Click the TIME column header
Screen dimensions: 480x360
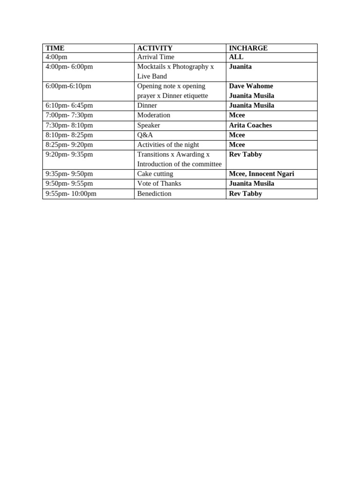[55, 48]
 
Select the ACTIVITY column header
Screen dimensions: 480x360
[155, 48]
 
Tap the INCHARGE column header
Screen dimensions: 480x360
[248, 48]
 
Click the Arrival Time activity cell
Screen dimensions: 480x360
[156, 57]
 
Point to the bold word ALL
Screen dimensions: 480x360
[236, 57]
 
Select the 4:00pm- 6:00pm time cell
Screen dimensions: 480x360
[69, 67]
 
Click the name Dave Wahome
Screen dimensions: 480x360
[251, 86]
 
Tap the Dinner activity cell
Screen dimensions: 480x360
[147, 105]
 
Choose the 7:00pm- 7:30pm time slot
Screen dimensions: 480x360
[69, 115]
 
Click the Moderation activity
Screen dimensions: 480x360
[154, 115]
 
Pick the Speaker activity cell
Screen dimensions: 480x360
[149, 125]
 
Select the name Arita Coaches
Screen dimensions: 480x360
[250, 125]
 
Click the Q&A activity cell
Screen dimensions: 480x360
[145, 135]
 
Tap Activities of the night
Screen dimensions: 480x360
[168, 145]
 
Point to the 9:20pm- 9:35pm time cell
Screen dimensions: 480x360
[69, 154]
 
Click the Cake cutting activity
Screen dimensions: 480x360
[155, 174]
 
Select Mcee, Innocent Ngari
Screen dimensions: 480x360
[262, 174]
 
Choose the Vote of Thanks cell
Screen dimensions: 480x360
[159, 184]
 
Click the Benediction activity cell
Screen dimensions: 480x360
[154, 194]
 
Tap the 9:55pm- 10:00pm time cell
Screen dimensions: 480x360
[71, 194]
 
